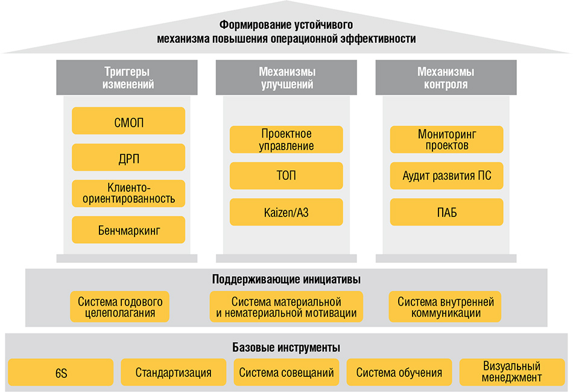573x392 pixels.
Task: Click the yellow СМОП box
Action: pyautogui.click(x=128, y=121)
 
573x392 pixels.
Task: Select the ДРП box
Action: pyautogui.click(x=128, y=157)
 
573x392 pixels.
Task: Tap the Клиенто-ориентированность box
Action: pyautogui.click(x=128, y=193)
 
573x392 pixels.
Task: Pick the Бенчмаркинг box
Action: pyautogui.click(x=128, y=229)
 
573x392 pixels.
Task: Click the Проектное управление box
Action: pyautogui.click(x=286, y=139)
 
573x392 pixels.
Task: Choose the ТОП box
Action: pyautogui.click(x=286, y=175)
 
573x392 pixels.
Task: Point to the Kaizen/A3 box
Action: pyautogui.click(x=286, y=212)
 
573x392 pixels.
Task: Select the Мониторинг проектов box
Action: pyautogui.click(x=446, y=139)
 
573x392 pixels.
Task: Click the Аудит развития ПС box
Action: pyautogui.click(x=446, y=175)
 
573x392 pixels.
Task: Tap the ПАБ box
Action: pyautogui.click(x=446, y=212)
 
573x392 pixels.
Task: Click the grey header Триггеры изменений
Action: pyautogui.click(x=127, y=77)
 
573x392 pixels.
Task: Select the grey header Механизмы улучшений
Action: pyautogui.click(x=286, y=77)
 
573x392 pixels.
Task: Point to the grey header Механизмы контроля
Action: pyautogui.click(x=446, y=77)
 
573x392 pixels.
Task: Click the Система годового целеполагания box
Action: pyautogui.click(x=119, y=306)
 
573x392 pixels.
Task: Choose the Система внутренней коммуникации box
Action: pyautogui.click(x=445, y=306)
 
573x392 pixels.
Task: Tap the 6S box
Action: pyautogui.click(x=61, y=372)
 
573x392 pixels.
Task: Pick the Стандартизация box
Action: pyautogui.click(x=174, y=372)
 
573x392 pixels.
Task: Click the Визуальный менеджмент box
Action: pyautogui.click(x=512, y=372)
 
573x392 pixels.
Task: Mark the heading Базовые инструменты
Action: pyautogui.click(x=286, y=347)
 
